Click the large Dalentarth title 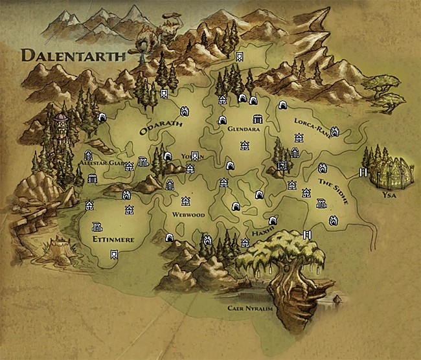point(73,55)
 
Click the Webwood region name point(188,214)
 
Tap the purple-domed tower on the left point(60,122)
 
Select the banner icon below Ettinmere point(114,254)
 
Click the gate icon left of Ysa point(363,173)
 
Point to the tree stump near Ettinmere point(54,248)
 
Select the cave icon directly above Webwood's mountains point(169,237)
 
